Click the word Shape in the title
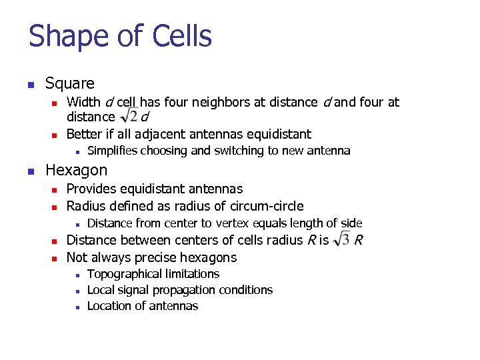63,36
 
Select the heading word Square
70,83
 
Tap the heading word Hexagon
76,170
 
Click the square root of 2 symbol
129,116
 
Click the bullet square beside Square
30,85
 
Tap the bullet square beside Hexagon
30,171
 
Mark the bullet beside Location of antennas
78,307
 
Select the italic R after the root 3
359,240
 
